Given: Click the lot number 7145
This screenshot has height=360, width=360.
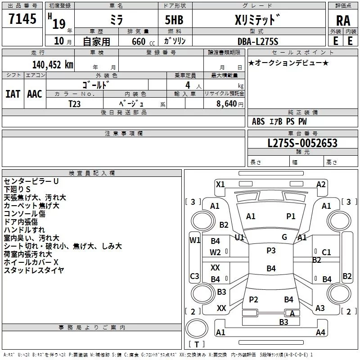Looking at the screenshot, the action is pyautogui.click(x=22, y=19).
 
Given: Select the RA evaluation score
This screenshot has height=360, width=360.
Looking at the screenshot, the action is pyautogui.click(x=343, y=20).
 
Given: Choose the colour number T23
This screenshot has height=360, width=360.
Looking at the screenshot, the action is pyautogui.click(x=75, y=103).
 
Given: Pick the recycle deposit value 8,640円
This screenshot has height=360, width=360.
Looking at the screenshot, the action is pyautogui.click(x=230, y=103).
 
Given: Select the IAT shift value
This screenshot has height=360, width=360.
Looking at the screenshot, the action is pyautogui.click(x=13, y=94).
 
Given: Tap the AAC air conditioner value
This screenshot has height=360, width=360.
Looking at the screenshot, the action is pyautogui.click(x=34, y=94).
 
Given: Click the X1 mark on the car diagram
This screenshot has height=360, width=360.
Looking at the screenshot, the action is pyautogui.click(x=220, y=184).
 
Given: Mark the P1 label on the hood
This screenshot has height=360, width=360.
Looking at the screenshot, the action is pyautogui.click(x=291, y=216).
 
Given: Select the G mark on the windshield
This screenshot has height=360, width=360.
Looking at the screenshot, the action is pyautogui.click(x=284, y=237).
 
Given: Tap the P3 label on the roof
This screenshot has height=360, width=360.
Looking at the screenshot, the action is pyautogui.click(x=270, y=250).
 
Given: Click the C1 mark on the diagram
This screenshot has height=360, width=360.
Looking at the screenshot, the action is pyautogui.click(x=326, y=252).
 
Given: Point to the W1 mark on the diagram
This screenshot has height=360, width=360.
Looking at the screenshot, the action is pyautogui.click(x=194, y=240).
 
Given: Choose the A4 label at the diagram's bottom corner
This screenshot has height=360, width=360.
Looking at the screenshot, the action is pyautogui.click(x=320, y=333).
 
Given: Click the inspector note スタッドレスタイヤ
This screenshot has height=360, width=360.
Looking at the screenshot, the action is pyautogui.click(x=34, y=270).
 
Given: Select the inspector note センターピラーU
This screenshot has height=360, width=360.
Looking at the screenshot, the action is pyautogui.click(x=31, y=181).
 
